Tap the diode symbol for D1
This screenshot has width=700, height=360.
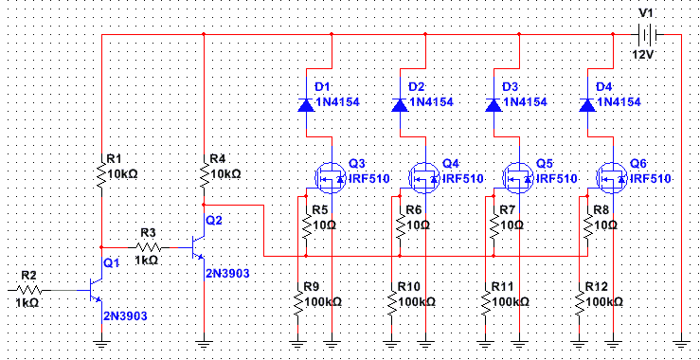pyautogui.click(x=306, y=104)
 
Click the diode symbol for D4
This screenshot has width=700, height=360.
pyautogui.click(x=587, y=104)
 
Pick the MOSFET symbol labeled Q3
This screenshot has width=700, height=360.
pyautogui.click(x=332, y=178)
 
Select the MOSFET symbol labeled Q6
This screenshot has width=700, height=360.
pyautogui.click(x=613, y=178)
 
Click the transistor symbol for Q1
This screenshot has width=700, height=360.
pyautogui.click(x=95, y=290)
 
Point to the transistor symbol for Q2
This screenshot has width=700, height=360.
pyautogui.click(x=197, y=247)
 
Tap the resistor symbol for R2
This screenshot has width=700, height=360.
pyautogui.click(x=30, y=290)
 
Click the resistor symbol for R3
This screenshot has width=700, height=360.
pyautogui.click(x=149, y=247)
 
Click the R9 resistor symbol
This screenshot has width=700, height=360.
pyautogui.click(x=297, y=302)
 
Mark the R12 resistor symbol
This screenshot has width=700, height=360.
pyautogui.click(x=579, y=302)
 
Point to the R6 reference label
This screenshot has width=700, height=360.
pyautogui.click(x=414, y=210)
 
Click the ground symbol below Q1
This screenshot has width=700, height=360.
pyautogui.click(x=101, y=344)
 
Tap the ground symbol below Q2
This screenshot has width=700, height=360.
pyautogui.click(x=204, y=344)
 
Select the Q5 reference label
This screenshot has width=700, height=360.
pyautogui.click(x=544, y=164)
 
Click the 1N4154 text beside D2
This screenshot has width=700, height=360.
pyautogui.click(x=431, y=102)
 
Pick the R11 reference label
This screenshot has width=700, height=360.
pyautogui.click(x=503, y=286)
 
